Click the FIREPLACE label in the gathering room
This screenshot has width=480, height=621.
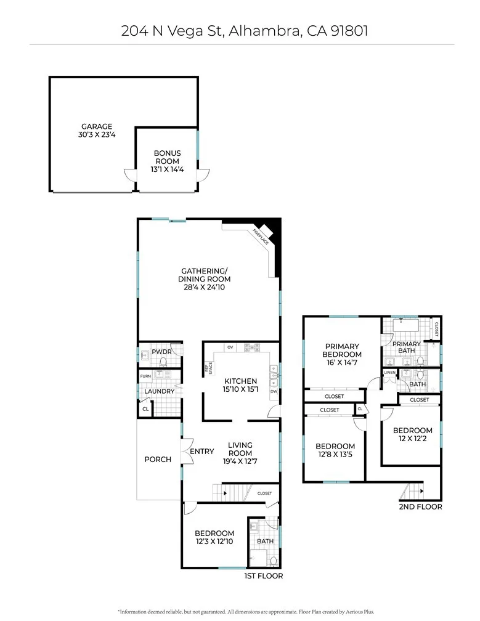click(261, 237)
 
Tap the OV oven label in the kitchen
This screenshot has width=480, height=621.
click(230, 347)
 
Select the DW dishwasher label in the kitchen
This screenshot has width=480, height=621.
click(274, 391)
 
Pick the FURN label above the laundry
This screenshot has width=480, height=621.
click(145, 376)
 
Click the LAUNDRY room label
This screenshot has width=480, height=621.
click(159, 391)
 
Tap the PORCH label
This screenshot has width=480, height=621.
click(158, 459)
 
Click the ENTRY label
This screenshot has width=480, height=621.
click(201, 452)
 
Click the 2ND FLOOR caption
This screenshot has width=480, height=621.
click(420, 507)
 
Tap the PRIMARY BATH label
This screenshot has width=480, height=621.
click(407, 348)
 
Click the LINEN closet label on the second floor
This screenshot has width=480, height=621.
click(389, 373)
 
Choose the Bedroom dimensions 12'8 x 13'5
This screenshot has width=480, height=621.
click(335, 455)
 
